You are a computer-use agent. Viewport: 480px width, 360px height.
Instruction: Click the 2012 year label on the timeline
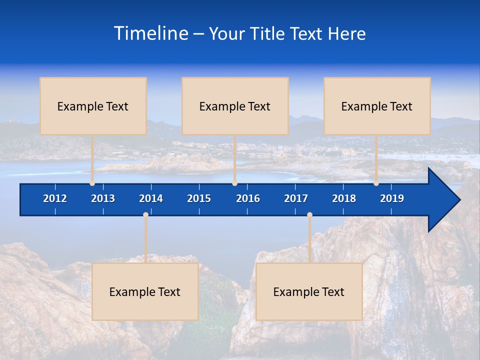tap(55, 198)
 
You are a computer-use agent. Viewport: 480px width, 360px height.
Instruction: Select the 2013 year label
tap(103, 198)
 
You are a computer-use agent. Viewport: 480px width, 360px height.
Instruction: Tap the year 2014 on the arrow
tap(151, 198)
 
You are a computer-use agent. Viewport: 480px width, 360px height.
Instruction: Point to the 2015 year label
tap(199, 198)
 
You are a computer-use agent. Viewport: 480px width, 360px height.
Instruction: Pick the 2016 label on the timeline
tap(248, 198)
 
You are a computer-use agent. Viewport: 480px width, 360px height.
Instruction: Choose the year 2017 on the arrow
tap(296, 198)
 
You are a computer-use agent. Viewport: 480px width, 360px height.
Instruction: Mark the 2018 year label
tap(344, 198)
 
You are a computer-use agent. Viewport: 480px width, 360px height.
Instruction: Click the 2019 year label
tap(392, 198)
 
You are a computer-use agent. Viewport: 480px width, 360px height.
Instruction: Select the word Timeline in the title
tap(151, 33)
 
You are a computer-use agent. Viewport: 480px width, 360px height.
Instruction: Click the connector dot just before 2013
tap(92, 183)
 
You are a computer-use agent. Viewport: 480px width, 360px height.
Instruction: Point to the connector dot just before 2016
tap(234, 183)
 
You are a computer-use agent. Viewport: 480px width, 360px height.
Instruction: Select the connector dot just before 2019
tap(376, 183)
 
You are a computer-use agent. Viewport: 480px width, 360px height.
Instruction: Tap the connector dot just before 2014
tap(145, 215)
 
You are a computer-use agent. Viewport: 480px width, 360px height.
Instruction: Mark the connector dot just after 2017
tap(309, 215)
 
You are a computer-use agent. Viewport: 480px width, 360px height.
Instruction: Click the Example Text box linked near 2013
tap(93, 106)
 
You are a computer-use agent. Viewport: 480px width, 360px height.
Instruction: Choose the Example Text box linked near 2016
tap(235, 106)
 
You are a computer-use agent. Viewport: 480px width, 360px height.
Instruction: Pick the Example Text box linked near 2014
tap(145, 291)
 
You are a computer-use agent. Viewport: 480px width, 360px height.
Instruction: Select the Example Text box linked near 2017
tap(309, 291)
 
